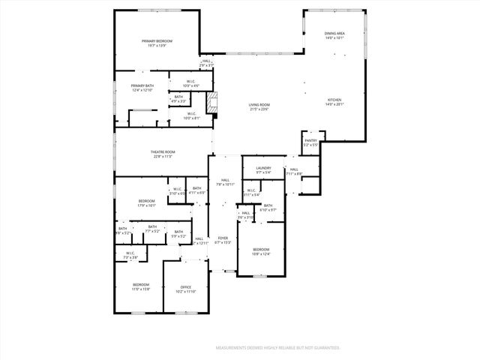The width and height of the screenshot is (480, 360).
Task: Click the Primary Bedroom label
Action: (157, 43)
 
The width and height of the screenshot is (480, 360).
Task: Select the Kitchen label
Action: (334, 102)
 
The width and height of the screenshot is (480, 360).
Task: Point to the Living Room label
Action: (259, 106)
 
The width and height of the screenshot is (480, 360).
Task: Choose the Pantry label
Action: (310, 142)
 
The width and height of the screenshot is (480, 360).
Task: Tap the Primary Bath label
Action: (142, 88)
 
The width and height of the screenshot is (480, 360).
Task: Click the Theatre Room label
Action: (163, 154)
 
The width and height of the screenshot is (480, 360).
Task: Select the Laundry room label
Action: (262, 170)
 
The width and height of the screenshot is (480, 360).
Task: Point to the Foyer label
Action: (223, 240)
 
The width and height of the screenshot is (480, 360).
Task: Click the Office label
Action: (186, 289)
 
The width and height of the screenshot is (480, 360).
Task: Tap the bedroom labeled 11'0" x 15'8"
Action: (141, 286)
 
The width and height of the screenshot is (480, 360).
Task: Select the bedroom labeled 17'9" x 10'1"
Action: (146, 202)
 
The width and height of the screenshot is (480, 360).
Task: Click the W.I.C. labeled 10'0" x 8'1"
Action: (192, 116)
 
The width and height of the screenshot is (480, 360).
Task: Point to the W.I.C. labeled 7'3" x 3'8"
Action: (130, 255)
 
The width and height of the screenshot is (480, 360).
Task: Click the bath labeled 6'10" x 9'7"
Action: (268, 208)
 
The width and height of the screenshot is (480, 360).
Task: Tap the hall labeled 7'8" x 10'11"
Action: (225, 182)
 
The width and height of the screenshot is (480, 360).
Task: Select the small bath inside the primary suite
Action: (178, 98)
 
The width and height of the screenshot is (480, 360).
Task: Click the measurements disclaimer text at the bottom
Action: (278, 348)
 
